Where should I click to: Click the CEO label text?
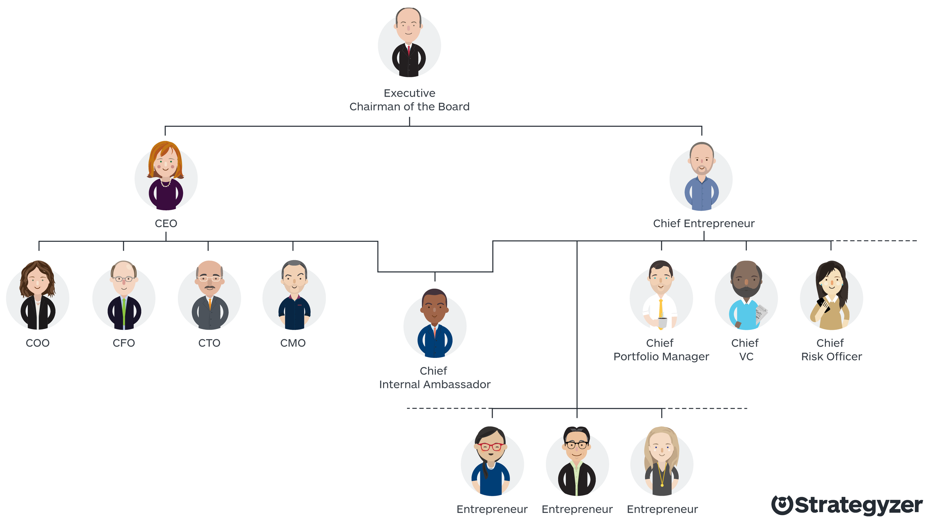tap(166, 224)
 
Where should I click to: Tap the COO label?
tap(37, 343)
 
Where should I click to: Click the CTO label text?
tap(209, 343)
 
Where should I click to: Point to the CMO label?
tap(293, 343)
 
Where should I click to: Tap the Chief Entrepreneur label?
tap(703, 224)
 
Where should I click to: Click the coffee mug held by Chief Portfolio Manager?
tap(662, 322)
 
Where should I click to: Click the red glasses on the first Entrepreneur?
tap(490, 447)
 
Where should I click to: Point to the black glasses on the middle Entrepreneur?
tap(577, 445)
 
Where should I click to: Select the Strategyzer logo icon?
tap(782, 505)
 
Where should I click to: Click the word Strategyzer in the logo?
tap(858, 506)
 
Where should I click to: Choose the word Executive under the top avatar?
tap(409, 93)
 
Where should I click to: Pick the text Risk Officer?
tap(831, 356)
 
